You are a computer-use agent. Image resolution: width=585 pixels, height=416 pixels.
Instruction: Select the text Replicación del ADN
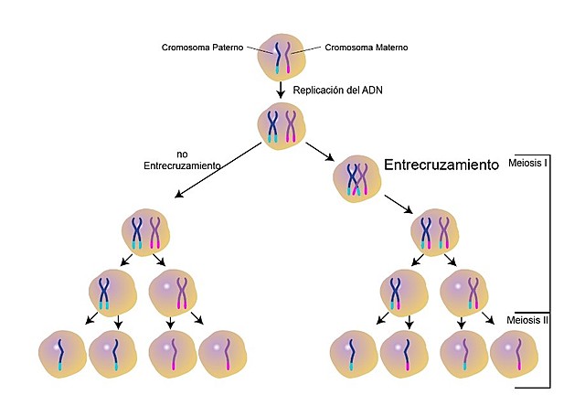[x=336, y=91]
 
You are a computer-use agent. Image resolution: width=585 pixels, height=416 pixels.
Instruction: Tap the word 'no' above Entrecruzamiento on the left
[x=182, y=153]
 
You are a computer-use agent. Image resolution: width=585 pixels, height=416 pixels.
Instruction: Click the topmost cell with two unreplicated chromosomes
[x=282, y=56]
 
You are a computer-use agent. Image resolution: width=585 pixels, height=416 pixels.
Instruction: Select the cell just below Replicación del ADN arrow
[x=282, y=124]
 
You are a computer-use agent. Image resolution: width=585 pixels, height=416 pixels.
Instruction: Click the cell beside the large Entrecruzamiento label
[x=357, y=176]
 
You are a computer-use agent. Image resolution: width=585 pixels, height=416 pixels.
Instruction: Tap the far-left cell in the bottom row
[x=62, y=353]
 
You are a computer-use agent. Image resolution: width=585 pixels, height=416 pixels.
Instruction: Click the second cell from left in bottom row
[x=113, y=354]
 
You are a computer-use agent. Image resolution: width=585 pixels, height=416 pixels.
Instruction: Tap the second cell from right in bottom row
[x=463, y=354]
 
